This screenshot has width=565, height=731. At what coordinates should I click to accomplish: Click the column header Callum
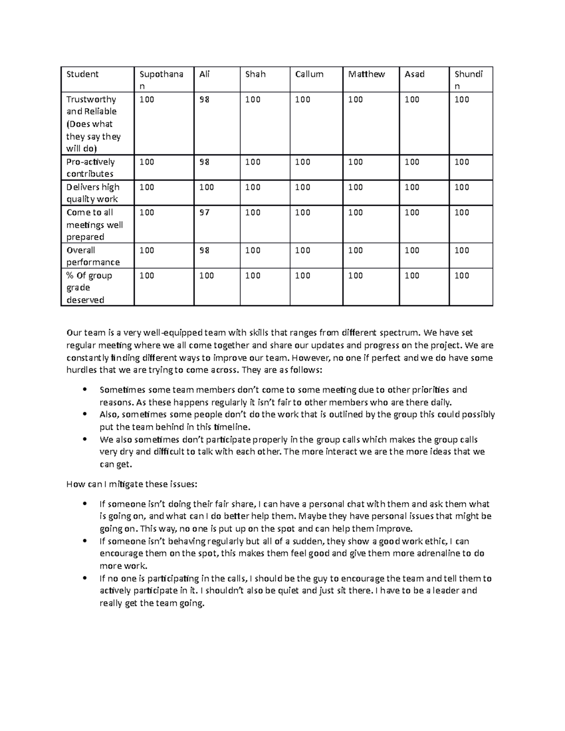309,74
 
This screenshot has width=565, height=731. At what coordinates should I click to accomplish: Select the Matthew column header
366,74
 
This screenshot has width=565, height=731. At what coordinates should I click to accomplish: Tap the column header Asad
414,74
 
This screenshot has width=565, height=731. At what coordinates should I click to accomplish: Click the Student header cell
82,74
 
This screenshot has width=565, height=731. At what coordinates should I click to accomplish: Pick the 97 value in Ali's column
204,212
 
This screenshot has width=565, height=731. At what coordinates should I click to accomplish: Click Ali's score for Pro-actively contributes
204,162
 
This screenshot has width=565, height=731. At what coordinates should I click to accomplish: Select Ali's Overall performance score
204,250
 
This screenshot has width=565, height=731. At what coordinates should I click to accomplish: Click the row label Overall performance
93,256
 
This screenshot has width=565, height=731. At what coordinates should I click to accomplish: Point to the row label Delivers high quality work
93,193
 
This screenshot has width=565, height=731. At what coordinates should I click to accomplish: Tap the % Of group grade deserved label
89,288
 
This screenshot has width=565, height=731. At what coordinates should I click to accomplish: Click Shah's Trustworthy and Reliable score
252,99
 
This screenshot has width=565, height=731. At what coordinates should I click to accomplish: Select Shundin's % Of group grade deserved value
461,275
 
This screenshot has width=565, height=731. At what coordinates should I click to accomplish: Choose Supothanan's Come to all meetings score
146,212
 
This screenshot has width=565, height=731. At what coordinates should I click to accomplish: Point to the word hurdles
81,370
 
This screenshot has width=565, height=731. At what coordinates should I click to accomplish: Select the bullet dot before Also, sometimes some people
84,414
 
